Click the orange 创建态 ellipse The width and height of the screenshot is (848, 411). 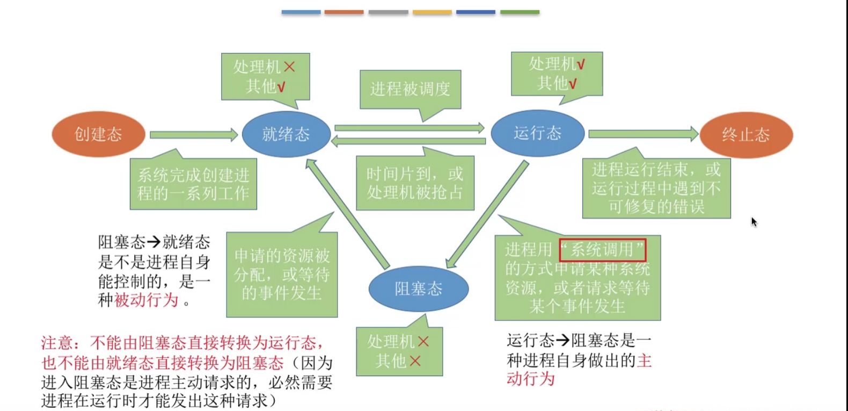(98, 134)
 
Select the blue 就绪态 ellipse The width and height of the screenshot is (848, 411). (286, 134)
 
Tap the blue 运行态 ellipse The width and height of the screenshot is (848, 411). (537, 133)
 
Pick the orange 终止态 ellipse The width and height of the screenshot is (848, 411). (746, 135)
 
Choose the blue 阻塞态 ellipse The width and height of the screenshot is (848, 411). (418, 289)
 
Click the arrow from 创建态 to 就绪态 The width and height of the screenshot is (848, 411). (193, 134)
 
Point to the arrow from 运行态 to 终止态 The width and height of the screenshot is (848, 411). (643, 134)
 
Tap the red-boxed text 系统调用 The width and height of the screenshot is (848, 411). (602, 250)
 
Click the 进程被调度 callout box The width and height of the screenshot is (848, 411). (410, 89)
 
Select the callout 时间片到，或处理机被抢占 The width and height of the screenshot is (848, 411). (415, 183)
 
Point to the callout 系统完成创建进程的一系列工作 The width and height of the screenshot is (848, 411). (193, 184)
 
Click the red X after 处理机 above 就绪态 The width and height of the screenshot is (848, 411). (289, 67)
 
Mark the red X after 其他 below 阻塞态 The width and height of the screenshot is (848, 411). (415, 361)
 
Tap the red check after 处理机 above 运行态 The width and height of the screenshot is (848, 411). (581, 64)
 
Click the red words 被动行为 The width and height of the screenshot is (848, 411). (146, 300)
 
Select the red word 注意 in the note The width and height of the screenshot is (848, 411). (57, 343)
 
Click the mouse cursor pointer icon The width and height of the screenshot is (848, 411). (754, 221)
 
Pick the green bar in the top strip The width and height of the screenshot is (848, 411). (520, 12)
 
